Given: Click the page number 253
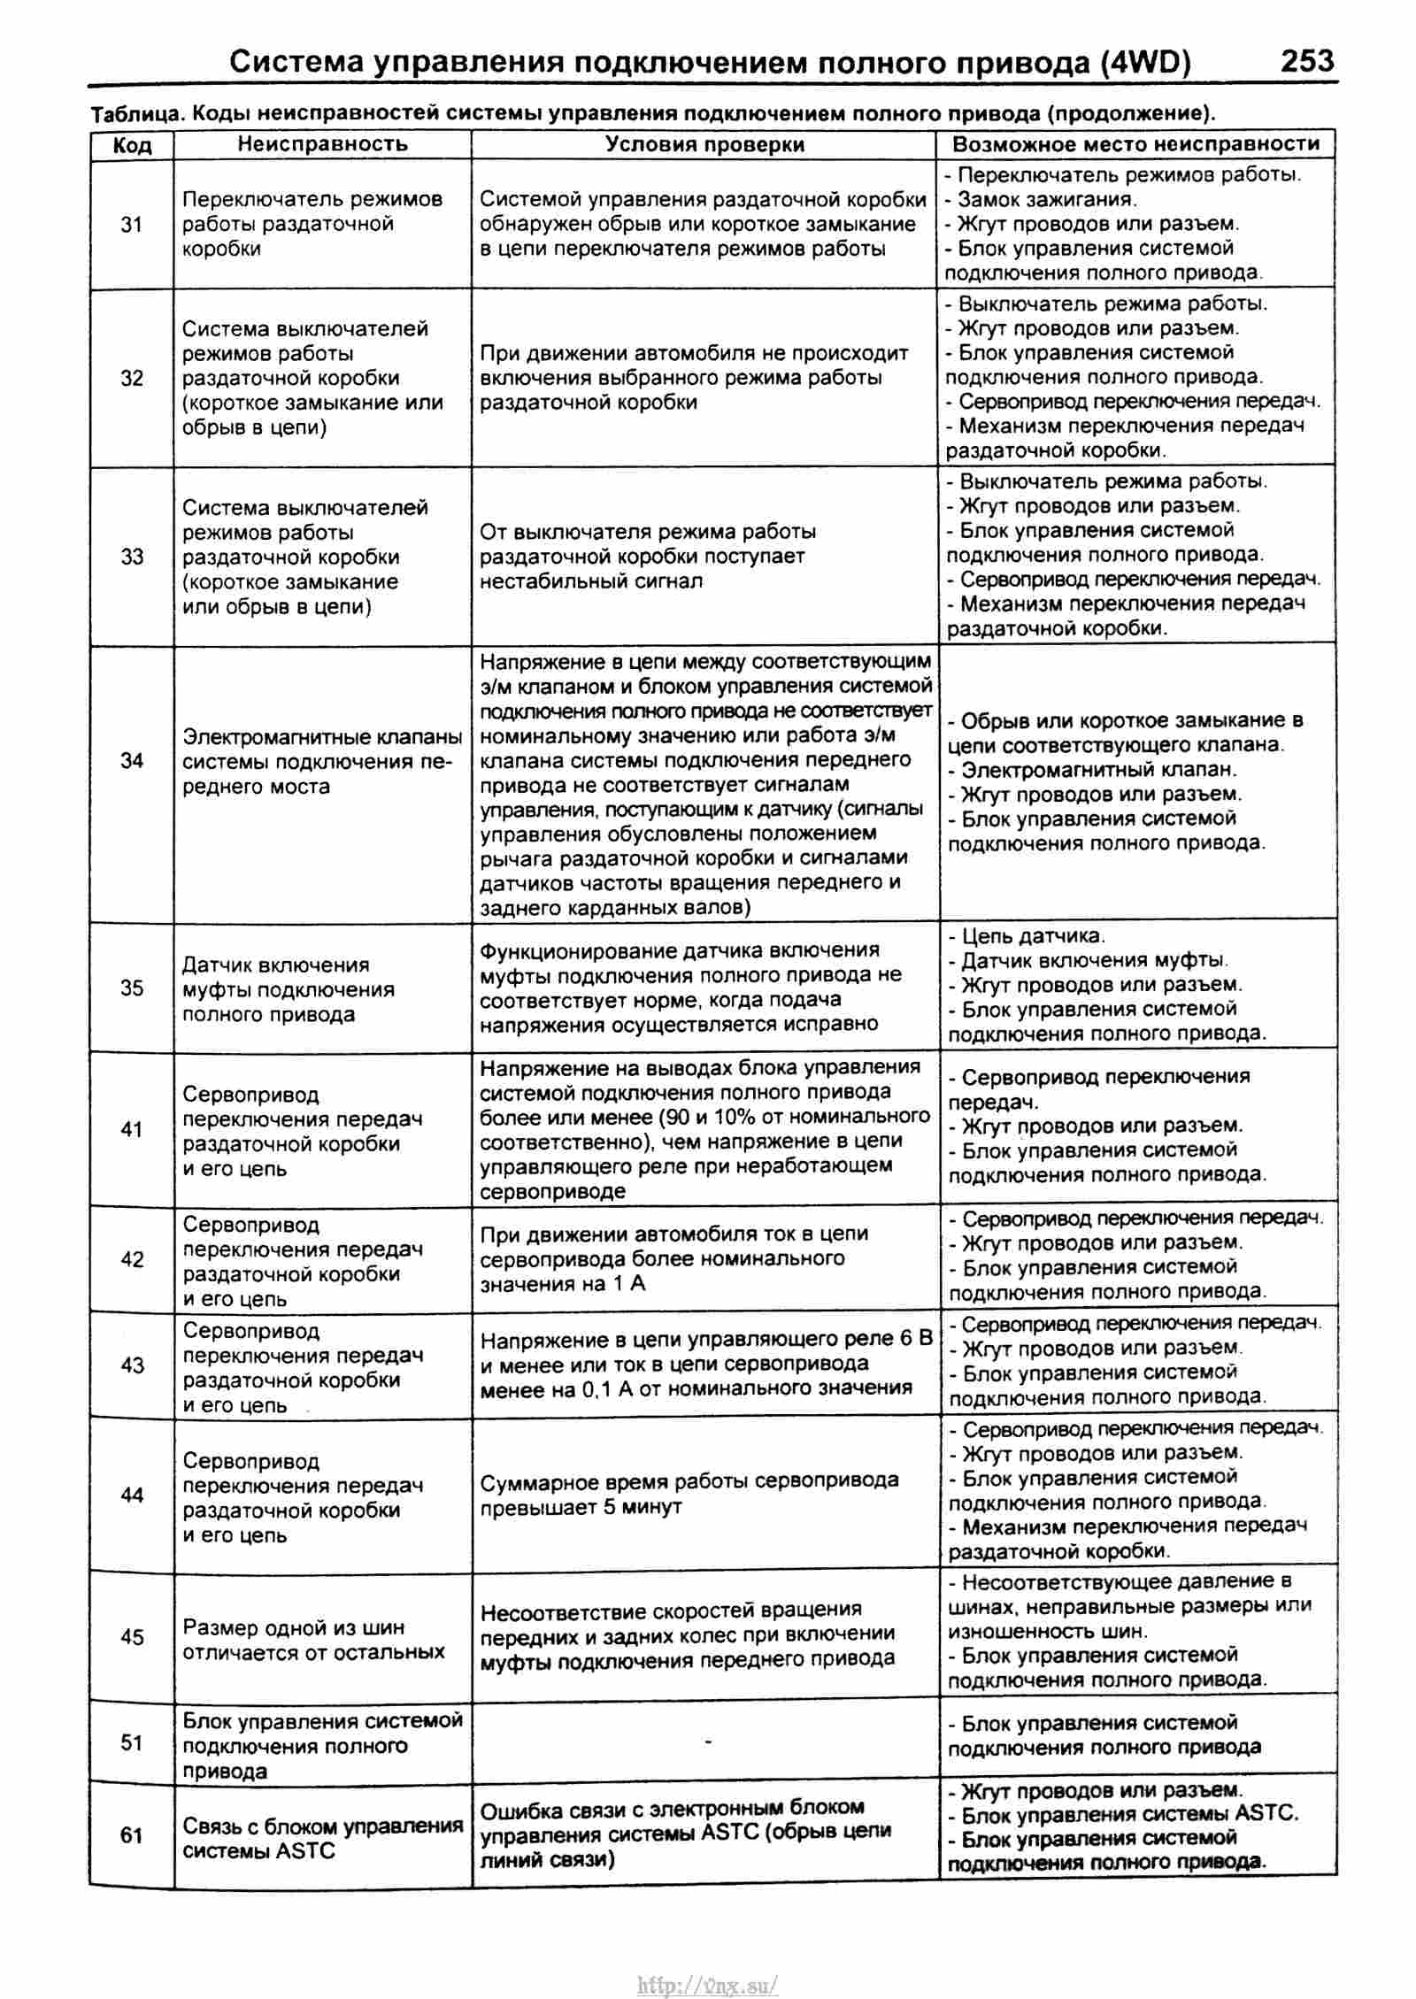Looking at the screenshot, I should pos(1306,61).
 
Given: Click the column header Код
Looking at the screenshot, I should pos(132,145).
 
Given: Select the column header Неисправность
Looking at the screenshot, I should pos(322,144).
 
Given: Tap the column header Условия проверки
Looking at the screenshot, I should pos(704,144).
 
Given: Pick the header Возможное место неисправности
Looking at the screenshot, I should pos(1135,144).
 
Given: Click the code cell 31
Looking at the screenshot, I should pos(132,225).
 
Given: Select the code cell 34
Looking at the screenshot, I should pos(132,760).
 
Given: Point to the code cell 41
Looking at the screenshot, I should pos(132,1129).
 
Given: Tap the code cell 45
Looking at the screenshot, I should pos(132,1637).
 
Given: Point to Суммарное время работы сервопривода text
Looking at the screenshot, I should pos(689,1480).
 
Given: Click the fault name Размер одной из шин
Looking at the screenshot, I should pos(294,1626).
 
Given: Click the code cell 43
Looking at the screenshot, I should pos(132,1365).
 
